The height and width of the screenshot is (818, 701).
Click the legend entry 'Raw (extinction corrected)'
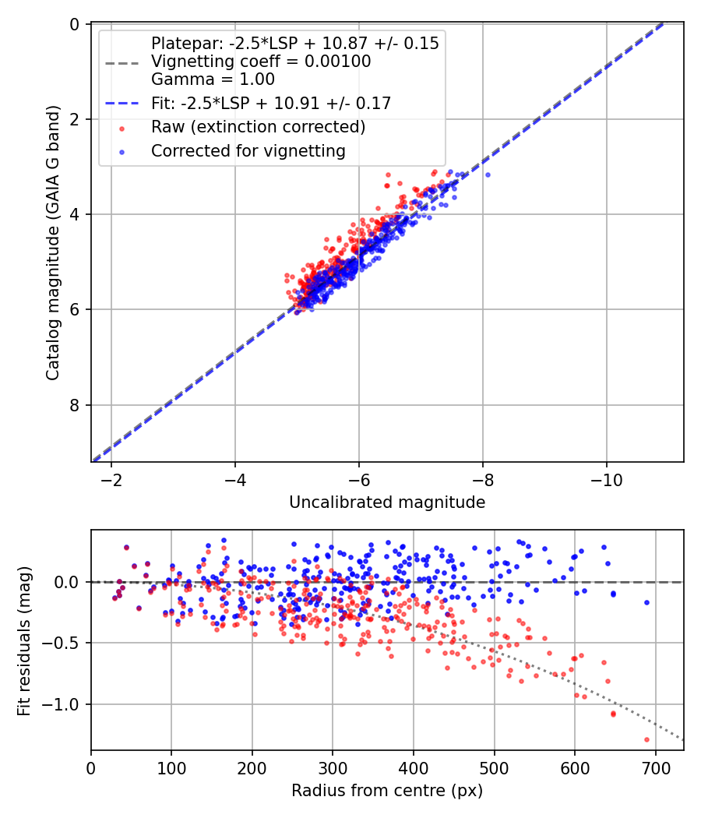coord(258,126)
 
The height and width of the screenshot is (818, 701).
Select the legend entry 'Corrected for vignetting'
coord(248,151)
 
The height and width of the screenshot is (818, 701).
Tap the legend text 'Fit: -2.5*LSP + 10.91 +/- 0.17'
coord(271,103)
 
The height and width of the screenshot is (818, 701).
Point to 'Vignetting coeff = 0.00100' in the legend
coord(261,61)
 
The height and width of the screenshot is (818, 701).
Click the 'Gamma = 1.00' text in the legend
coord(213,79)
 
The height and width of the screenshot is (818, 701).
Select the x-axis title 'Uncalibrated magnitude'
coord(387,502)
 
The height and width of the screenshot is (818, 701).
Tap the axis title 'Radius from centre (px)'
coord(387,791)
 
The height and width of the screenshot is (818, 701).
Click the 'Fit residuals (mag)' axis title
coord(24,640)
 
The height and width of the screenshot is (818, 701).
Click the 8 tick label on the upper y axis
coord(75,404)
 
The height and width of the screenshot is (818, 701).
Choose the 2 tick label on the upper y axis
coord(75,119)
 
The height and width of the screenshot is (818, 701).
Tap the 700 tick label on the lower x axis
coord(655,767)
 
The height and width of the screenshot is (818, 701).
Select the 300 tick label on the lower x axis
coord(333,767)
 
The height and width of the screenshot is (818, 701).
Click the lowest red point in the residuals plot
coord(646,739)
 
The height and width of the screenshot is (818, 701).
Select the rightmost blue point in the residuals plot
coord(646,602)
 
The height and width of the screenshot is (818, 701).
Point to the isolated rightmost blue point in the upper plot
coord(488,175)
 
